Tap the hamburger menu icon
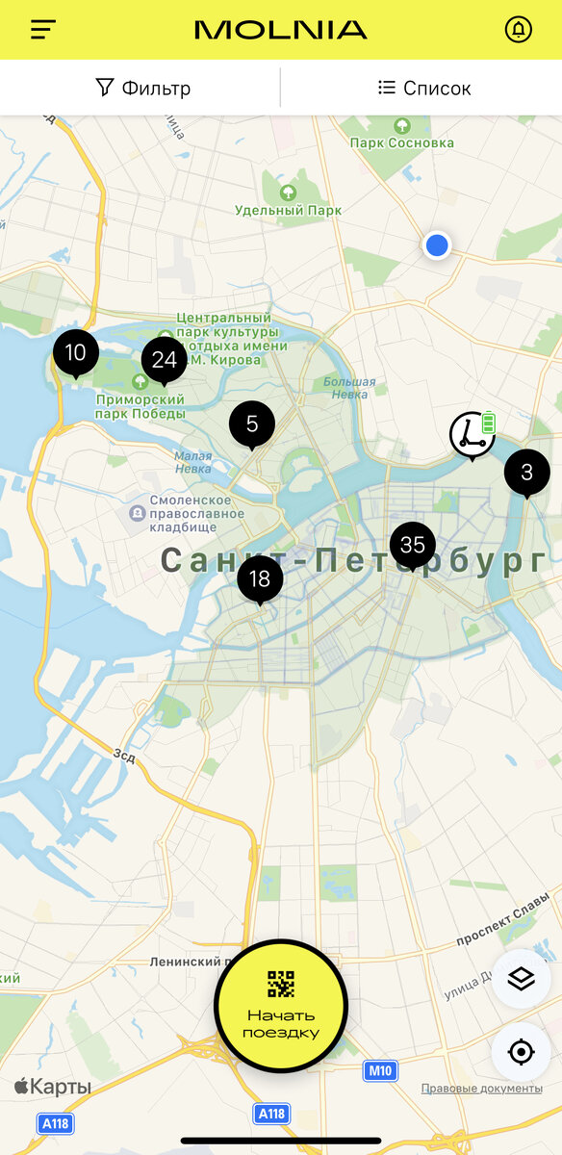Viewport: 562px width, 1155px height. [x=43, y=30]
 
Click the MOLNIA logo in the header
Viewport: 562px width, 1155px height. [x=280, y=30]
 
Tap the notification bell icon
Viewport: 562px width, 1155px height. [x=518, y=30]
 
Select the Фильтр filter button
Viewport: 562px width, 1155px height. [x=143, y=89]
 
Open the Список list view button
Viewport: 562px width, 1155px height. [x=424, y=89]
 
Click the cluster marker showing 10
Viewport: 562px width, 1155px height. [x=75, y=353]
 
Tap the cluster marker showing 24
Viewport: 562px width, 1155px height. [x=164, y=360]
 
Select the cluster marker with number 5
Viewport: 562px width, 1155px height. [x=252, y=423]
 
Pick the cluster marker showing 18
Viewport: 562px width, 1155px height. [x=260, y=579]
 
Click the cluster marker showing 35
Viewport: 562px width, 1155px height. [x=413, y=546]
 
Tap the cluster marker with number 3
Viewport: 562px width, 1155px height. [x=526, y=473]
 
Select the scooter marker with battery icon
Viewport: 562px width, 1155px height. [x=473, y=434]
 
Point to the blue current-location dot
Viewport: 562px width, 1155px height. [x=437, y=245]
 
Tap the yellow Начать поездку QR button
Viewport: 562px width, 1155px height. [x=280, y=1006]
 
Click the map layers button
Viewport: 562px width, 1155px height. [x=521, y=979]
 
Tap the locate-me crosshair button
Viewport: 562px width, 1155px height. [x=521, y=1052]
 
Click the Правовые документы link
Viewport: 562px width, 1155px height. [x=481, y=1089]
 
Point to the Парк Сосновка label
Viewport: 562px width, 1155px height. [x=401, y=142]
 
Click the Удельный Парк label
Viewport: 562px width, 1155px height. [x=288, y=210]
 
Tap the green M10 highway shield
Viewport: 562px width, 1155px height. [x=380, y=1070]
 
